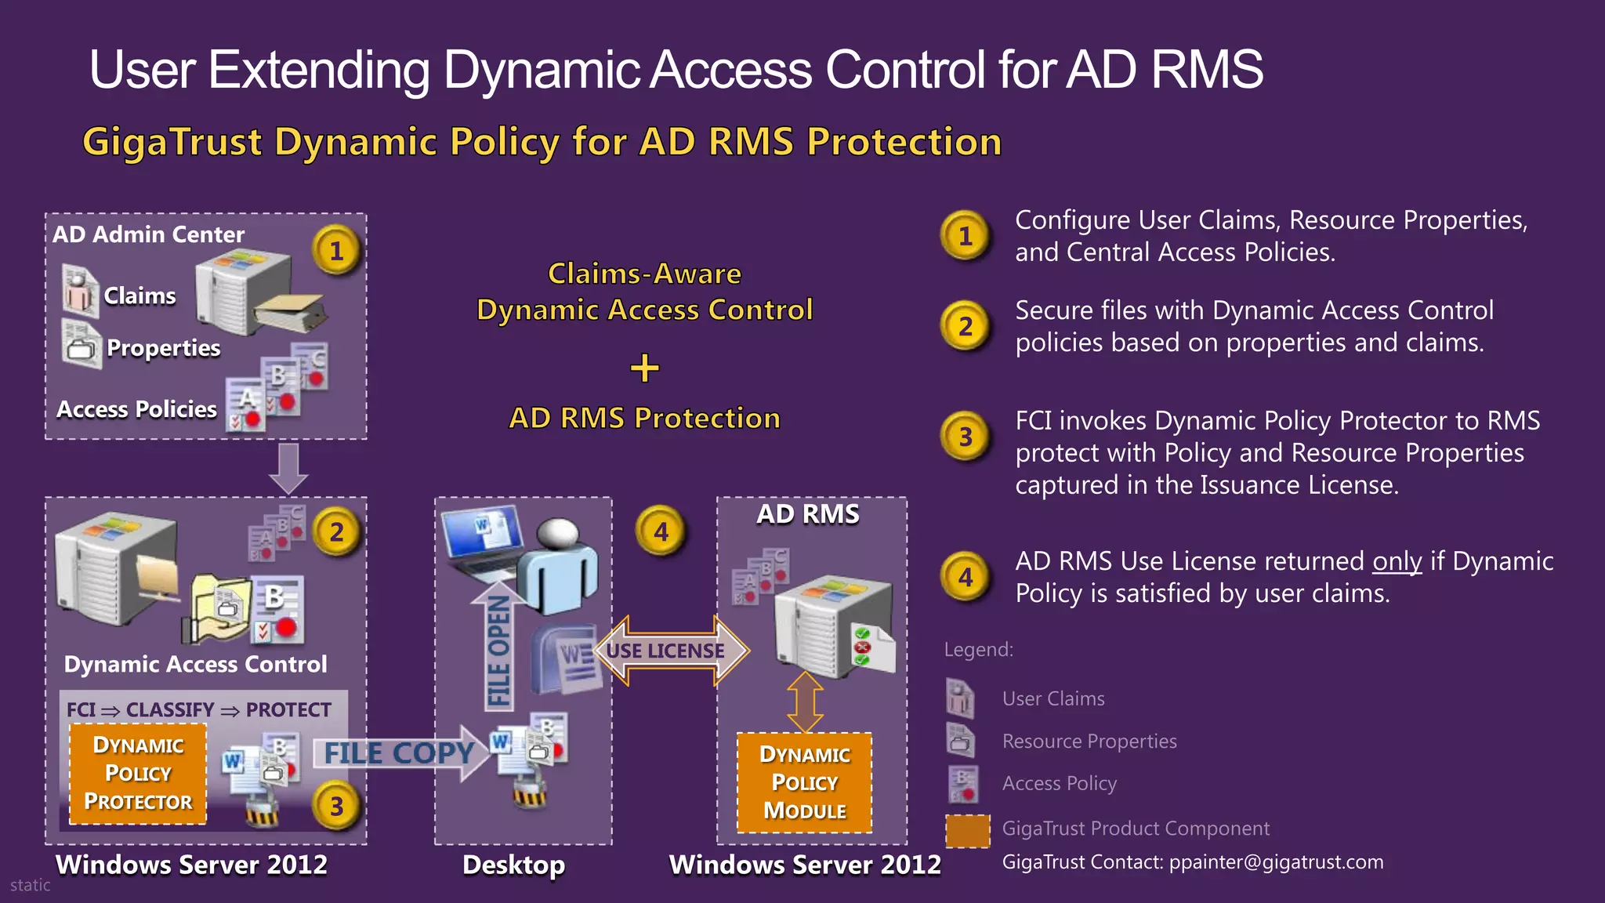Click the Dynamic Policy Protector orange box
(x=138, y=774)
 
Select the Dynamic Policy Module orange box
(x=804, y=782)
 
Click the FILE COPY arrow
(x=400, y=753)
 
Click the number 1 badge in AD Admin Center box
(x=336, y=250)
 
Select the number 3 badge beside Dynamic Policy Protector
(x=336, y=806)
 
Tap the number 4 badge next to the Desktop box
(x=661, y=532)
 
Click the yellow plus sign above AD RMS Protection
(x=644, y=368)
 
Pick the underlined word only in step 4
(x=1397, y=561)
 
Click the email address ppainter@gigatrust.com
(x=1276, y=862)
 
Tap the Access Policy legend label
(x=1059, y=783)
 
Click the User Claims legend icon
(x=960, y=698)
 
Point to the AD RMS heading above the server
(x=807, y=514)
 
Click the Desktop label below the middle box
(x=513, y=865)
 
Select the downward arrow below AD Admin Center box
(x=288, y=467)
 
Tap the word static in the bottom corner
(x=30, y=885)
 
